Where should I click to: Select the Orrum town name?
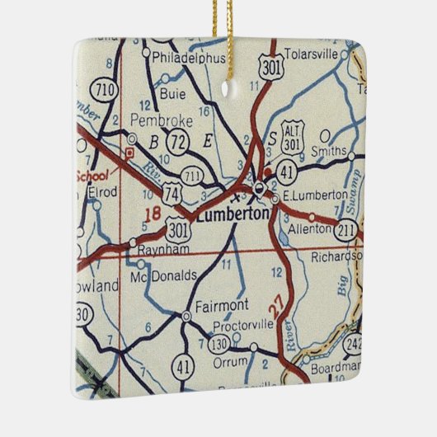(228, 361)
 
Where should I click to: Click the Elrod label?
(104, 193)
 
